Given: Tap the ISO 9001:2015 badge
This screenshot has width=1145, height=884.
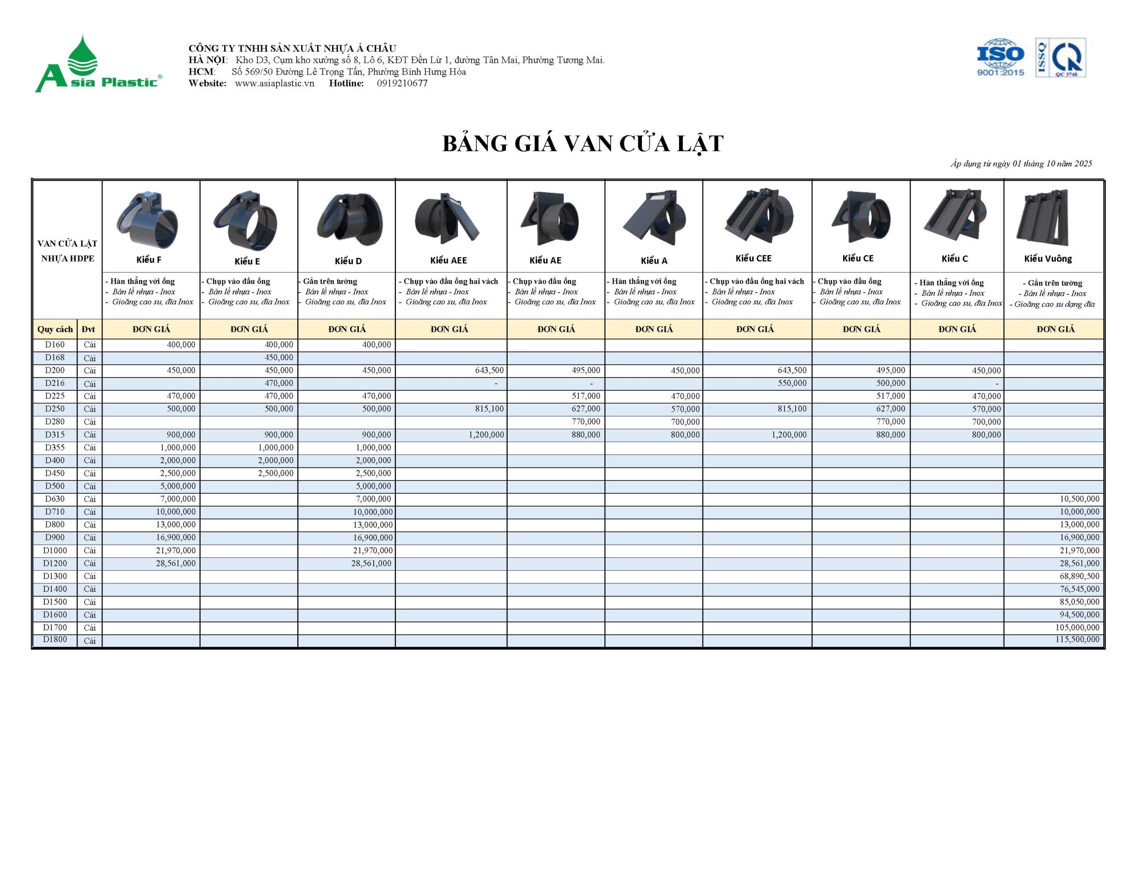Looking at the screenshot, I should pos(1000,58).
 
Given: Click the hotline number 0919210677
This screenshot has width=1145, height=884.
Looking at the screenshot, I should pos(402,83).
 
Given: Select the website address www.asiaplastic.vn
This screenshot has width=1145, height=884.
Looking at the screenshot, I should pos(274,83).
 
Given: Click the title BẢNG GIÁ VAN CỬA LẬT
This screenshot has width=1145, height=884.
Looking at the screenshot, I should pos(582,143).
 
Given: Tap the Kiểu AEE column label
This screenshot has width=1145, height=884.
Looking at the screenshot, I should pos(448,261).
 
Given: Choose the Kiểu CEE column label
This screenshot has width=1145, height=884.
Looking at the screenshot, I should pos(753,258).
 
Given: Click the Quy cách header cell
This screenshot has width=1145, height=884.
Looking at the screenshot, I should pos(55,329).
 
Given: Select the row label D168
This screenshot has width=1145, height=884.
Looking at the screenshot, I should pos(55,358).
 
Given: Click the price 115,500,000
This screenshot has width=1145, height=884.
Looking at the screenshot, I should pos(1077,639).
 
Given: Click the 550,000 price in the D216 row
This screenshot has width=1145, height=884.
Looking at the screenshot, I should pos(792,383).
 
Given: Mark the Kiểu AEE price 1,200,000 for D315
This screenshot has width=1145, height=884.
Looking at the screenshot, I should pos(486,434).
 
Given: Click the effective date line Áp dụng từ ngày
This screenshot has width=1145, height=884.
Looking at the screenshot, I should pos(1021,164).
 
